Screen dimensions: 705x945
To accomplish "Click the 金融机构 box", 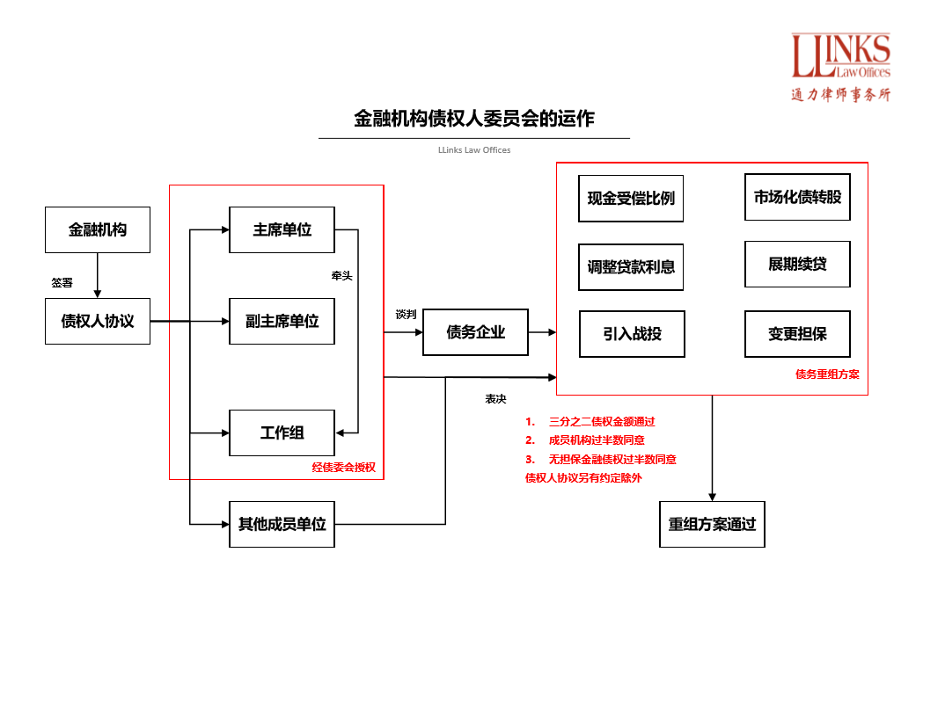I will point(98,230).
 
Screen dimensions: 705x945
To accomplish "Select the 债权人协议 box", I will point(98,321).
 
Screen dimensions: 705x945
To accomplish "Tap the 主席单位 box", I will point(282,230).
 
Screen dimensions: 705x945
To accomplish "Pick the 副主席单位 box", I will point(282,321).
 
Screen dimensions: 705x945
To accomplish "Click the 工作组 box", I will point(282,432).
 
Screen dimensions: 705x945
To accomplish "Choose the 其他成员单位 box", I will point(282,524).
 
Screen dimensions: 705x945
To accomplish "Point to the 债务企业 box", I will point(475,332).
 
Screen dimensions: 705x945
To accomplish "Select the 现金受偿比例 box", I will point(631,199).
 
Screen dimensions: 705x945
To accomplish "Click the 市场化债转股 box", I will point(797,197).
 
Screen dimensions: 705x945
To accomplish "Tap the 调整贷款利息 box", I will point(631,267).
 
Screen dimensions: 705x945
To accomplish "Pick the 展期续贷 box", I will point(797,264).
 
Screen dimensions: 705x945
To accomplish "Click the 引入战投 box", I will point(632,334).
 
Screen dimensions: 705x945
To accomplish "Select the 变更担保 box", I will point(797,334).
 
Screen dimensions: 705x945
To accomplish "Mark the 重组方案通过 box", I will point(712,524).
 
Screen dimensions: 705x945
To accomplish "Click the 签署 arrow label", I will point(62,283).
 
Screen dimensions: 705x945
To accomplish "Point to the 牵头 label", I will point(341,276).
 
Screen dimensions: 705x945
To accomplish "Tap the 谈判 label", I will point(406,314).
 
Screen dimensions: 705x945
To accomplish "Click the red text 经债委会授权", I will point(344,468).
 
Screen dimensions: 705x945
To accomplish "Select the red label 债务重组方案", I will point(827,374).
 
